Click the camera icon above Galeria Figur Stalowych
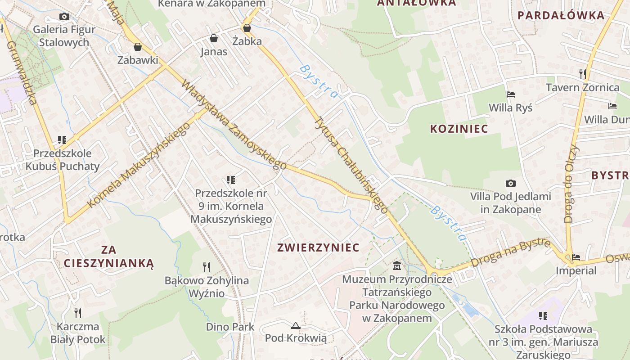point(64,17)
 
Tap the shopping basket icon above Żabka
point(247,28)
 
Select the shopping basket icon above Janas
point(214,38)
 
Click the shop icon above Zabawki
point(138,47)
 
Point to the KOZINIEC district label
point(459,129)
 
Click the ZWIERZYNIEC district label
point(318,247)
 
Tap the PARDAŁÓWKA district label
point(561,16)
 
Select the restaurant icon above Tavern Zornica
point(583,73)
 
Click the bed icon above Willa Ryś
point(511,94)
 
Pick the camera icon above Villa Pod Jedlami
point(510,183)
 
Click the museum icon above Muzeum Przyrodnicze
point(397,265)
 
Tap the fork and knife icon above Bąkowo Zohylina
point(207,267)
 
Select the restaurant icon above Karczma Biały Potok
point(78,313)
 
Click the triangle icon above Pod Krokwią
point(296,325)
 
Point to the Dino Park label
point(230,327)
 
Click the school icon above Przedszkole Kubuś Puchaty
point(62,140)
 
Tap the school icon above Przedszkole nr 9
point(231,180)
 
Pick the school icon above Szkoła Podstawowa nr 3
point(543,315)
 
